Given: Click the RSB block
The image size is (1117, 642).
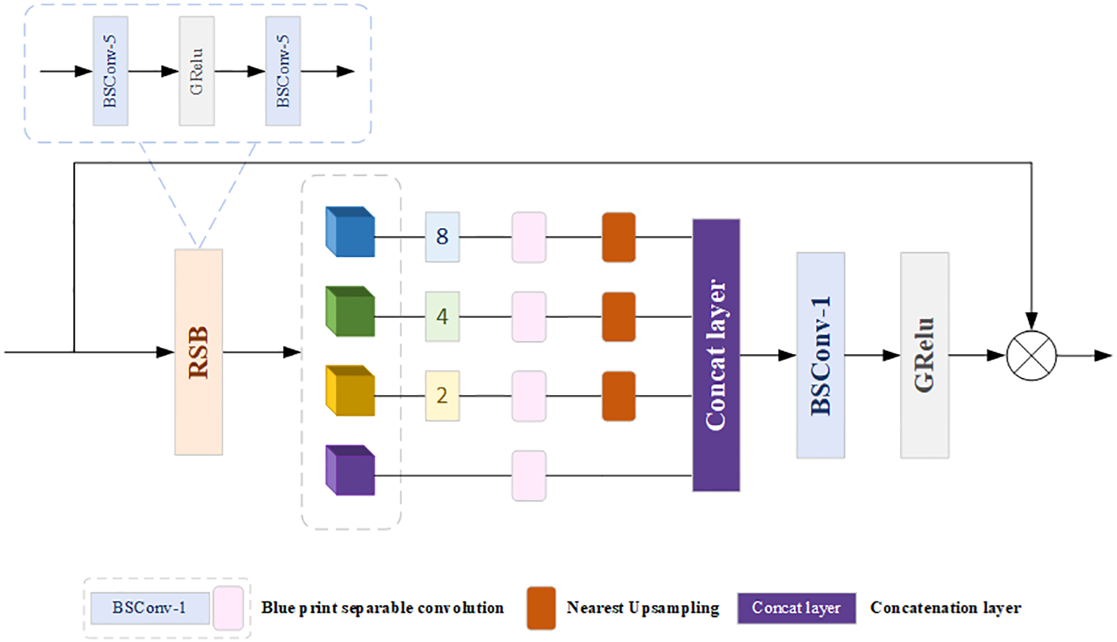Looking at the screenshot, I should coord(199,352).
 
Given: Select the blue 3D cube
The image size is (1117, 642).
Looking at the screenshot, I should coord(350,233).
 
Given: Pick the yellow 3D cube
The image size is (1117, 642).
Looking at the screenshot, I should coord(350,391).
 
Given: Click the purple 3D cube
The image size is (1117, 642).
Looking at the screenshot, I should coord(350,471).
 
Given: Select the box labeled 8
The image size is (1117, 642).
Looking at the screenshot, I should coord(442,236).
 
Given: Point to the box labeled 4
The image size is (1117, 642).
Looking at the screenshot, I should coord(442,316).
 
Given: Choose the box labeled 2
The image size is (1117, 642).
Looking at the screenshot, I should coord(442,395).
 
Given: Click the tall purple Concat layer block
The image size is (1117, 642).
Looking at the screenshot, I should coord(716,355).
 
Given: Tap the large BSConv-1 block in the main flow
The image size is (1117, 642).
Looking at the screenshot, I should coord(821,355).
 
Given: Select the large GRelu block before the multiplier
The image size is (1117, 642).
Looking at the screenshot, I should coord(925,355).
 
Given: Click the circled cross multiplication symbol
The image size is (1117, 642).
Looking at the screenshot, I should coord(1031,355).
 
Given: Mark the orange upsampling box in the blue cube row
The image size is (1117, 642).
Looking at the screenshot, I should coord(619,236).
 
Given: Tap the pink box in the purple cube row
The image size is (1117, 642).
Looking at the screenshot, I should coord(529,476).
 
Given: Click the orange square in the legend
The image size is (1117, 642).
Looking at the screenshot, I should coord(541,608).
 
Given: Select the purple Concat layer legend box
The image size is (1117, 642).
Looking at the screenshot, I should coord(796,608).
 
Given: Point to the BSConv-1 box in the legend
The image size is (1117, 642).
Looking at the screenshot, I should coord(149,608).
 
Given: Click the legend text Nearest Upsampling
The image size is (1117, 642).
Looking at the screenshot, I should coord(642,608).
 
